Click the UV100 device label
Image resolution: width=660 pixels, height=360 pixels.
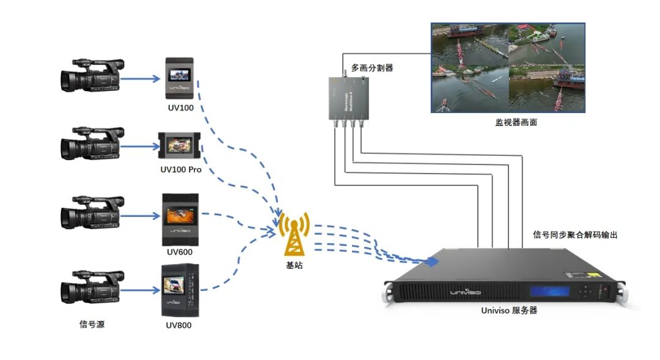coord(179,108)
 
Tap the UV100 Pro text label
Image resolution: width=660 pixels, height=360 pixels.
coord(179,169)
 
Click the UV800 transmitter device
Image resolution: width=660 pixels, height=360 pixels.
coord(180,289)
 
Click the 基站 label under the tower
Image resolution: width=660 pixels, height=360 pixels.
coord(294,265)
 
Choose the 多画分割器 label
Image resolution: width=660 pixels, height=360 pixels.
coord(372,68)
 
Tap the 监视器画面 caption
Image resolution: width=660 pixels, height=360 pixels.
coord(516,122)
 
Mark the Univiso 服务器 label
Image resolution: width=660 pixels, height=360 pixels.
coord(509,310)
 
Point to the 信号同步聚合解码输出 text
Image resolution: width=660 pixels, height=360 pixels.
coord(575,235)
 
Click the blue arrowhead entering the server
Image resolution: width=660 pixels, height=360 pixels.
coord(433,262)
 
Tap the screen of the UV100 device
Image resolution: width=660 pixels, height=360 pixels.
coord(180,75)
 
